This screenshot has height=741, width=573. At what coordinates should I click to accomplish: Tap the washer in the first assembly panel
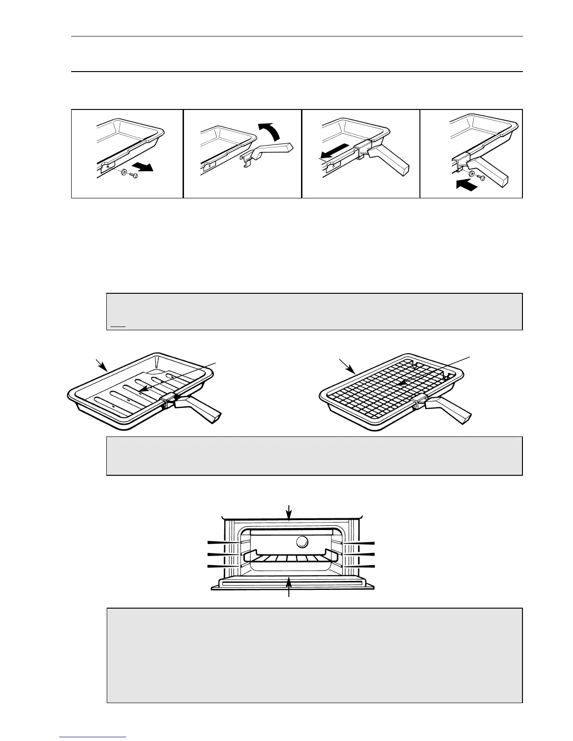[123, 173]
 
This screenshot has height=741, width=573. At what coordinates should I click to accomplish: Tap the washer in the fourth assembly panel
[471, 174]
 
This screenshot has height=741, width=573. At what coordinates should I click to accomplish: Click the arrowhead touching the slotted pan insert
[143, 389]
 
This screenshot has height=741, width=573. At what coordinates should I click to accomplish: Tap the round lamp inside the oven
[302, 542]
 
